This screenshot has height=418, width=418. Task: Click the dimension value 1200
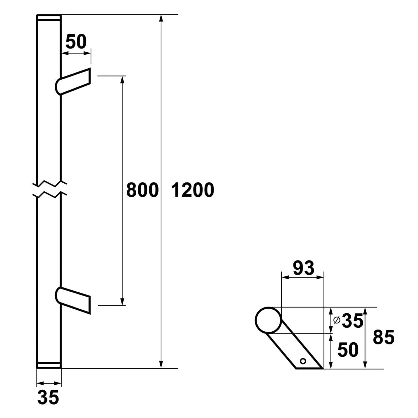point(193,190)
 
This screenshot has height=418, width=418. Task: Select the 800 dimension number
point(142,190)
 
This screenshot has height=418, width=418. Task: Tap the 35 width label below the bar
point(48,398)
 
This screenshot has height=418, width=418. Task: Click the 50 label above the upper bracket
point(76,42)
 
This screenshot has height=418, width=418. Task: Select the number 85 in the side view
point(384,338)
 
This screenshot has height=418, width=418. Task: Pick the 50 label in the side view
point(348,350)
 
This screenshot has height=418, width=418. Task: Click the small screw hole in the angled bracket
point(303,361)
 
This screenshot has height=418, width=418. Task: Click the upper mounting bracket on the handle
point(74,81)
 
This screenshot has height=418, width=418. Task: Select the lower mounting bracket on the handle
point(74,299)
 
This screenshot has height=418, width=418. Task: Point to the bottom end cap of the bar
point(49,365)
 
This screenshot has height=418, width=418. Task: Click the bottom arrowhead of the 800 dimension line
point(122,301)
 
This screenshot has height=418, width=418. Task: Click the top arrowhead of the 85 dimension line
point(365,311)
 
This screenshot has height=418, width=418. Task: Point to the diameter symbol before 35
point(337,320)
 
